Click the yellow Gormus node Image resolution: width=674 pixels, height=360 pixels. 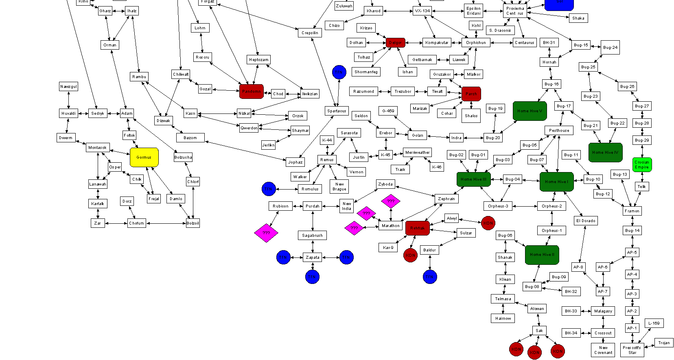click(x=144, y=157)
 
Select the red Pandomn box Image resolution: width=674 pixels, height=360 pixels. click(x=252, y=92)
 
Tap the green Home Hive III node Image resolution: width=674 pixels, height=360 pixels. click(x=473, y=179)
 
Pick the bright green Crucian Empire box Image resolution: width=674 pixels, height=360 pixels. click(x=642, y=165)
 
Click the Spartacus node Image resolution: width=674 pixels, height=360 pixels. click(x=337, y=111)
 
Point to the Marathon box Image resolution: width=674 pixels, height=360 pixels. click(x=391, y=226)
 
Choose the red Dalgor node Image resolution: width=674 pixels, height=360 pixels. click(x=395, y=43)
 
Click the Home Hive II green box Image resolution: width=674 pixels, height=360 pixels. click(x=542, y=255)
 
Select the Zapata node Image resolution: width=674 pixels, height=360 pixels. click(x=313, y=257)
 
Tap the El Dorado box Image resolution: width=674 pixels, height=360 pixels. click(x=586, y=221)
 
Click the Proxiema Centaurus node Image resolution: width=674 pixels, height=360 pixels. click(x=515, y=11)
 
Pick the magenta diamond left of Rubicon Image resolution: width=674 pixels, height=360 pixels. click(x=266, y=233)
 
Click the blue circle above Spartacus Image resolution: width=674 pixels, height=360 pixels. click(x=339, y=72)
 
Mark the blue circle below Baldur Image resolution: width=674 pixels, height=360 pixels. click(x=430, y=277)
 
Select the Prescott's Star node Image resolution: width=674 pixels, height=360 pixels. click(x=632, y=350)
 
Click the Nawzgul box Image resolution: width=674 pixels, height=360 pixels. click(x=68, y=87)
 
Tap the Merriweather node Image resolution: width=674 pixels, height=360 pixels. click(x=417, y=153)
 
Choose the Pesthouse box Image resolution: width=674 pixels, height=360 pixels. click(x=559, y=131)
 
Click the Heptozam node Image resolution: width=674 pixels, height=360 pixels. click(x=259, y=60)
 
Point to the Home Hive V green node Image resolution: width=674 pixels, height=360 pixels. click(x=530, y=111)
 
